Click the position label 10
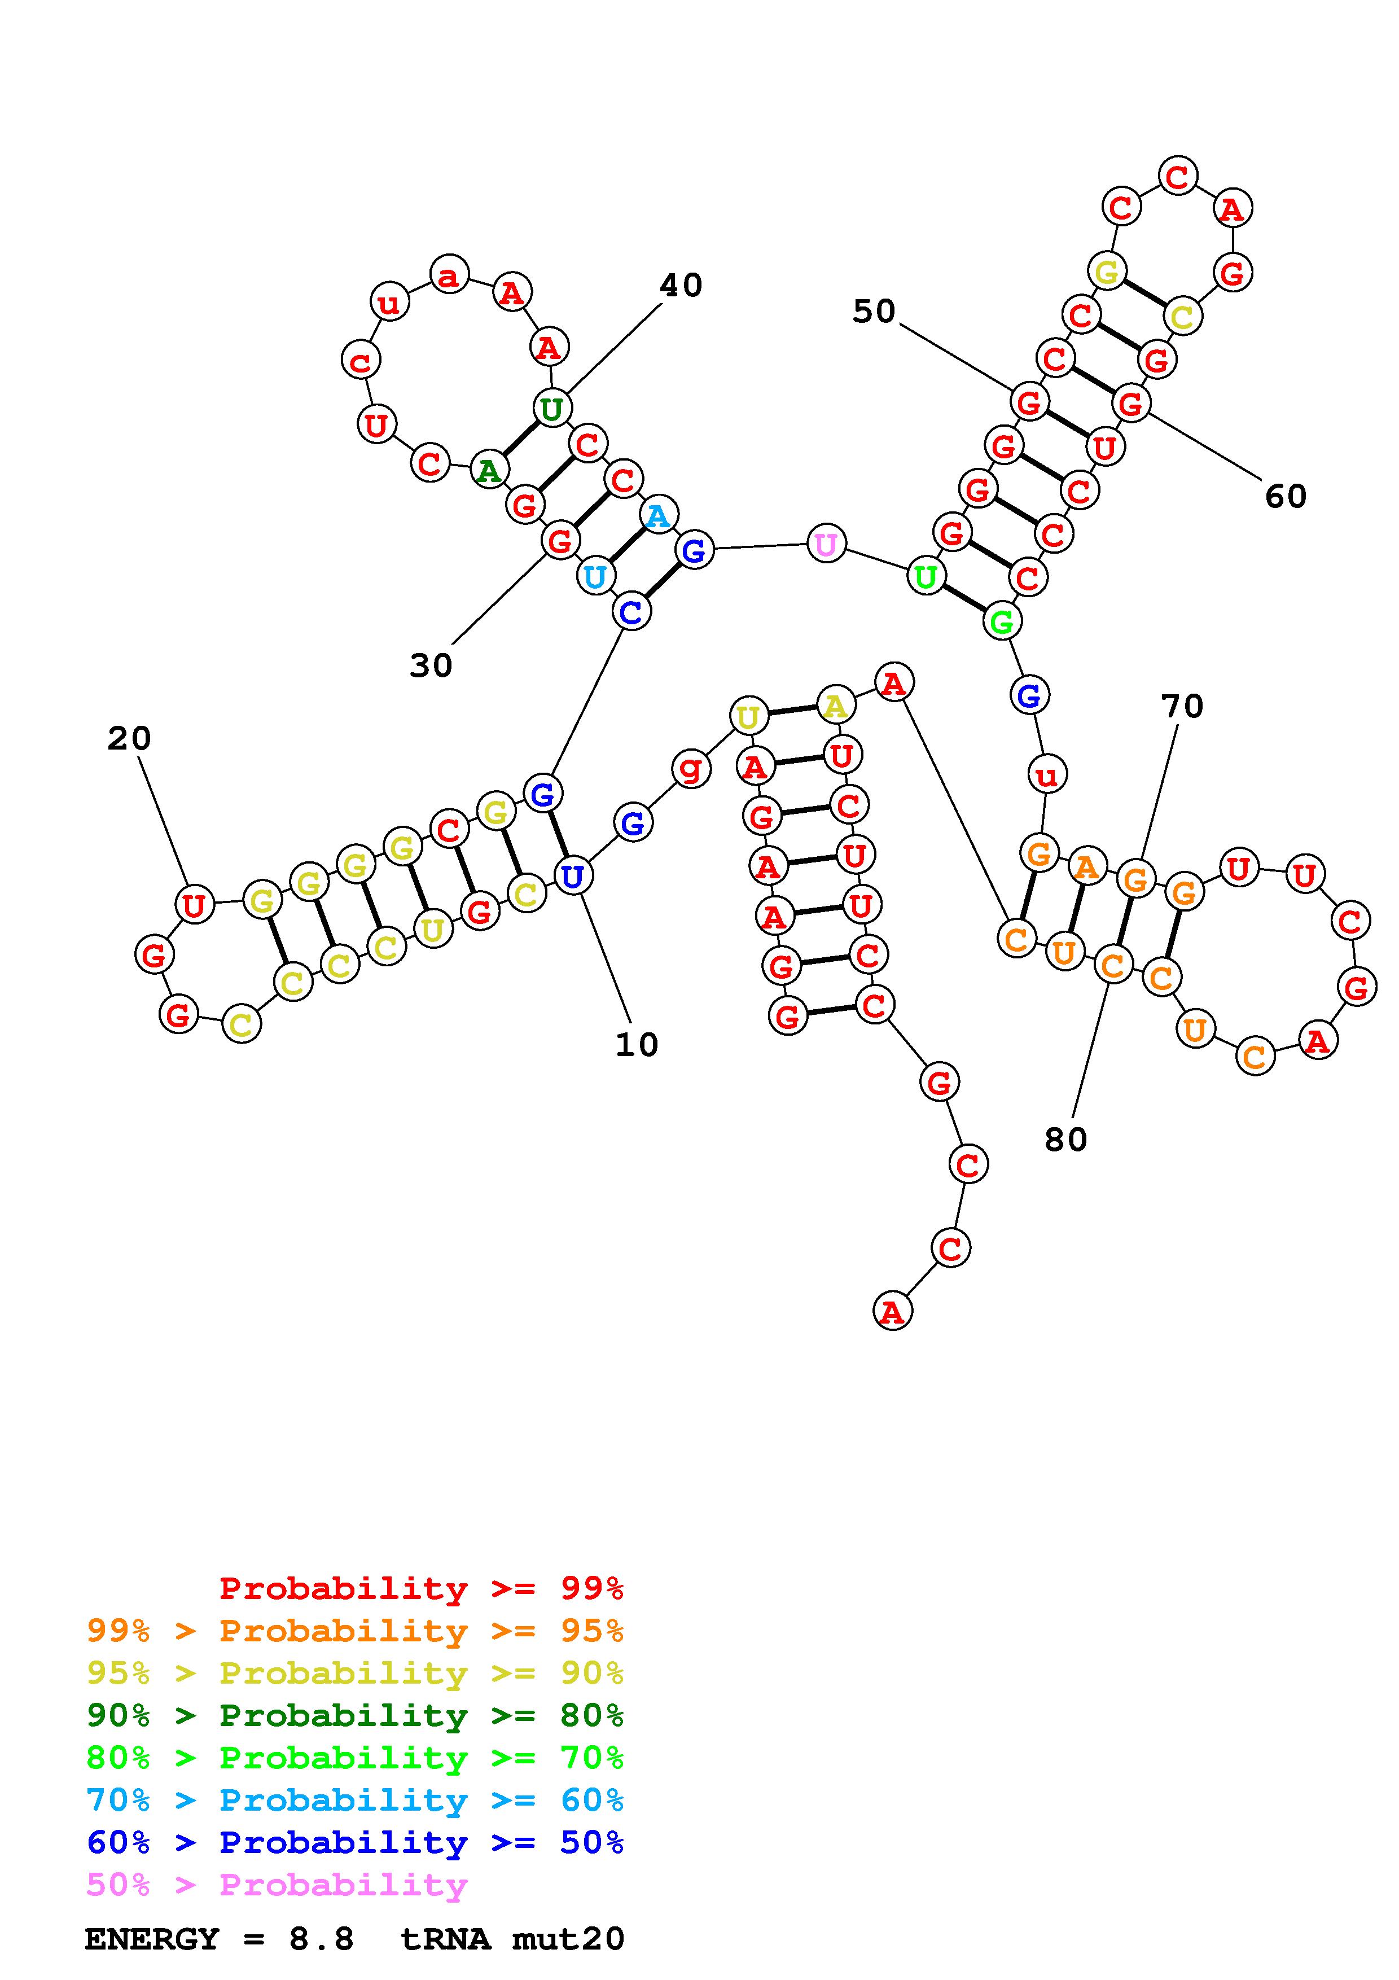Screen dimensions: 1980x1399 tap(636, 1044)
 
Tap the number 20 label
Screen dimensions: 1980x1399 tap(129, 738)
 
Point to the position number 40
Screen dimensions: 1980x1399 tap(681, 286)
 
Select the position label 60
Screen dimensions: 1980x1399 tap(1285, 496)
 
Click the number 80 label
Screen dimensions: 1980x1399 tap(1065, 1140)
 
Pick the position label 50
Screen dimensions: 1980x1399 tap(874, 312)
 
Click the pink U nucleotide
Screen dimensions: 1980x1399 tap(826, 544)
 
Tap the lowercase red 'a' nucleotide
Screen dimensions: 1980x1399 tap(449, 276)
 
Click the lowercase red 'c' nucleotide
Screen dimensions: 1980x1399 tap(360, 361)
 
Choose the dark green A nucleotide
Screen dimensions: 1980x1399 tap(489, 470)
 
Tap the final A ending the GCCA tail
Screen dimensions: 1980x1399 tap(892, 1312)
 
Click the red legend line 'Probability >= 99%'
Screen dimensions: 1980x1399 tap(420, 1588)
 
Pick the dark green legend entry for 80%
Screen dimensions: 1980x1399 tap(354, 1715)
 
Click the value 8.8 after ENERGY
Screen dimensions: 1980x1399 tap(322, 1939)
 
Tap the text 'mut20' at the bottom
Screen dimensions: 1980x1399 tap(568, 1939)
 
